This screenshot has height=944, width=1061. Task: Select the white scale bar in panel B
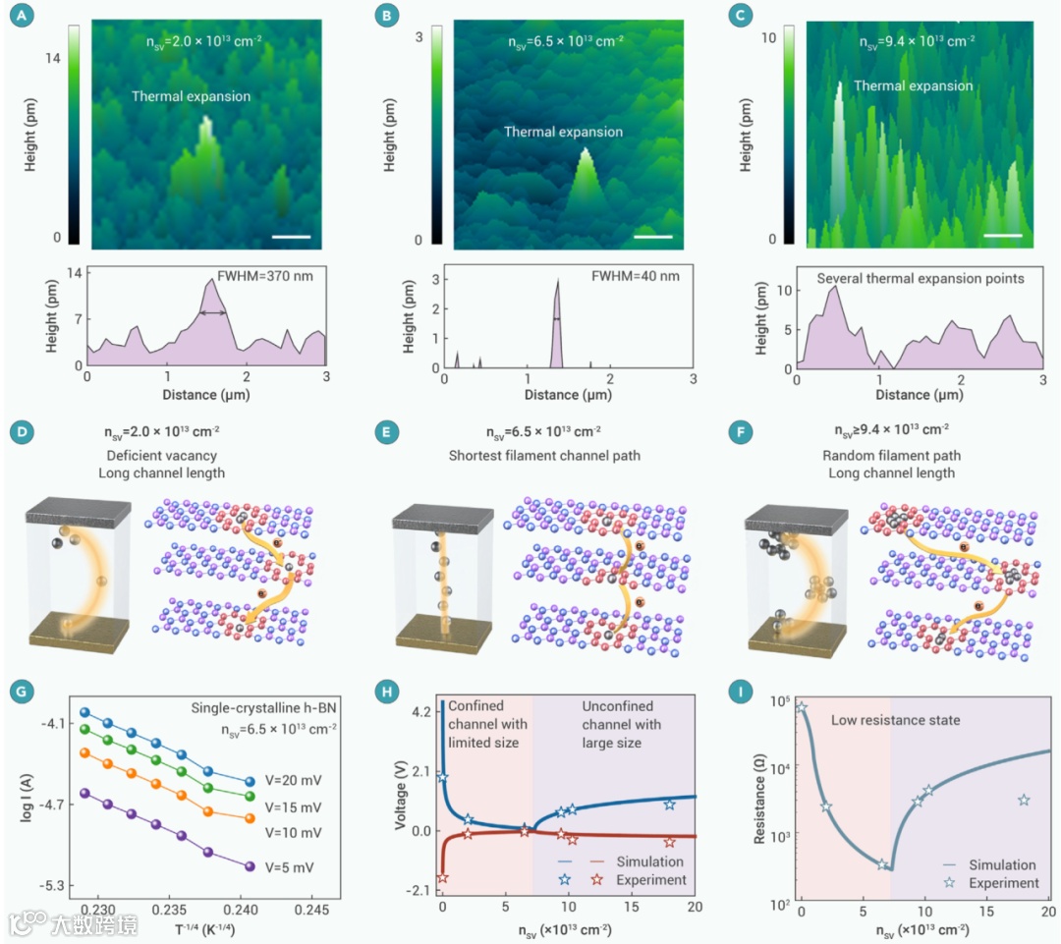[x=650, y=236]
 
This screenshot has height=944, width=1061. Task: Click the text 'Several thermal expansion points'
[x=921, y=278]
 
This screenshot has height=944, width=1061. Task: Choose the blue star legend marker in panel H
[x=565, y=880]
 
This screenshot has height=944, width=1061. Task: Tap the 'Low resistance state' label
[x=895, y=720]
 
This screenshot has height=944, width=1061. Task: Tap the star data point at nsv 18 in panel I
[x=1024, y=801]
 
